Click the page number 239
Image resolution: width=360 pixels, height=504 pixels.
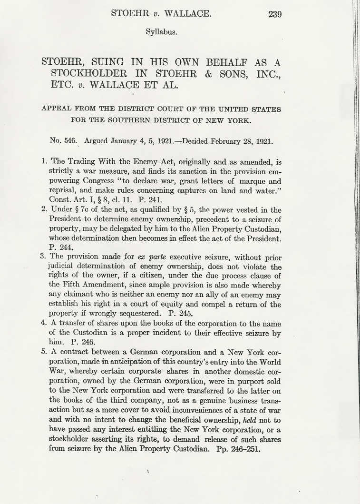275,14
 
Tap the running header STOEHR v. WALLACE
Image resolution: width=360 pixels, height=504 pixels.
161,13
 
